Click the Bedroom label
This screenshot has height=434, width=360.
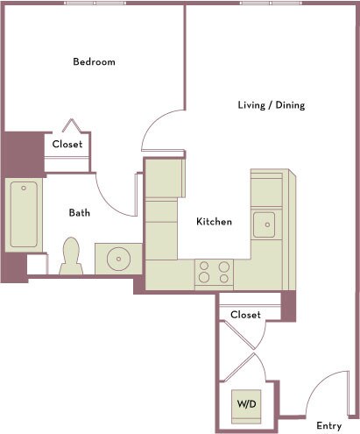94,62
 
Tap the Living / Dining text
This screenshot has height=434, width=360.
271,105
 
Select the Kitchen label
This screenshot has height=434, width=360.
214,222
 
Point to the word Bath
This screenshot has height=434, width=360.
80,212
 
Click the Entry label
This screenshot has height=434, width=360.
328,426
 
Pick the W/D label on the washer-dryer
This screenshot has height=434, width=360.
245,405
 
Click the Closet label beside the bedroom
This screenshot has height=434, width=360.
67,145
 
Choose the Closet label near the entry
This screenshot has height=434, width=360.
246,314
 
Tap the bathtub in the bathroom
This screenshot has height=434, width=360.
23,215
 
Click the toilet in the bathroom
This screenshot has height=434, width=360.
71,257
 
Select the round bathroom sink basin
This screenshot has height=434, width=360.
116,259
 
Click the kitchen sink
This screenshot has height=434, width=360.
264,224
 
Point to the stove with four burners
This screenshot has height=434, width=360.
214,272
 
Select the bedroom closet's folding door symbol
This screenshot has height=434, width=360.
72,126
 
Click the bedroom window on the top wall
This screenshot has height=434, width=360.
92,4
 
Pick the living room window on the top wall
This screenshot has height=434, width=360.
266,4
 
